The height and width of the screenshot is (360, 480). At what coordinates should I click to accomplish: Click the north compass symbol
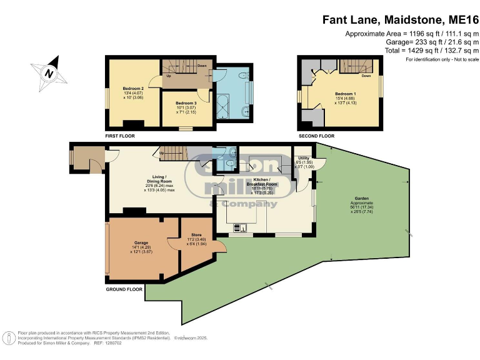(47, 72)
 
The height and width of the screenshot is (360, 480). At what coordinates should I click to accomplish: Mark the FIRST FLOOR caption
(120, 136)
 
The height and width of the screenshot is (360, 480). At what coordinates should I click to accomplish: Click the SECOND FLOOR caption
(316, 136)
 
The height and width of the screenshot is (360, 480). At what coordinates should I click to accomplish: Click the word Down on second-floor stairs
(367, 76)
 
